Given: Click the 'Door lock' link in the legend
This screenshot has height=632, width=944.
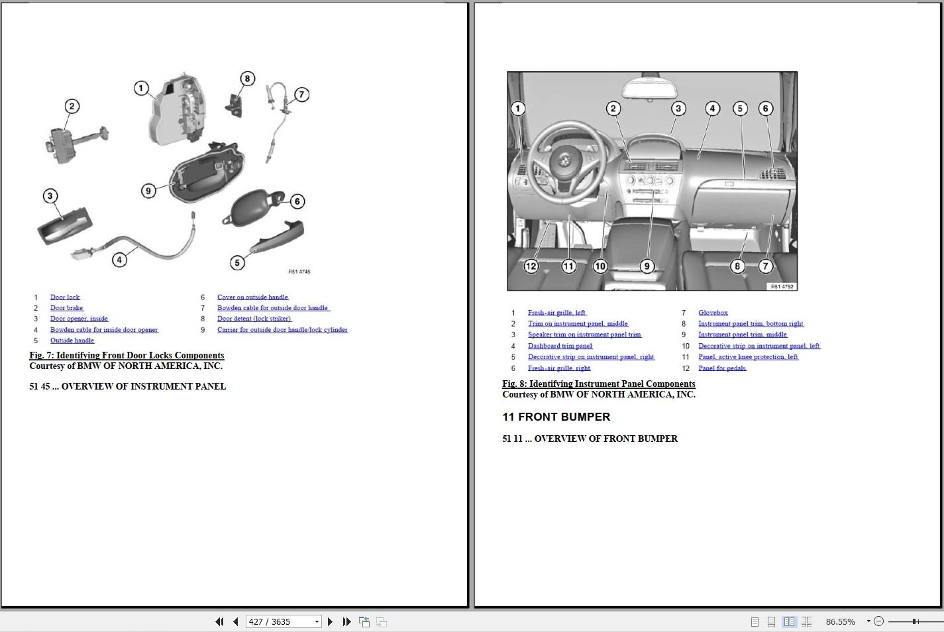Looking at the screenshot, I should pyautogui.click(x=65, y=297).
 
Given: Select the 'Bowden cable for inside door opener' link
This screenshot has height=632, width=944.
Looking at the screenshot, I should pyautogui.click(x=104, y=330).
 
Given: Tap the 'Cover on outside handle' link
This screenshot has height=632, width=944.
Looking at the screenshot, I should pyautogui.click(x=252, y=297).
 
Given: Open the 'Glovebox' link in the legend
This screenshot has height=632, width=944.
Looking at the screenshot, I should pyautogui.click(x=713, y=313).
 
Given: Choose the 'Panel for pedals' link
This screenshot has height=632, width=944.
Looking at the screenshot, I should pyautogui.click(x=722, y=368).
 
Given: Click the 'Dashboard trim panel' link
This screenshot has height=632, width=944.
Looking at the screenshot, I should pyautogui.click(x=560, y=346).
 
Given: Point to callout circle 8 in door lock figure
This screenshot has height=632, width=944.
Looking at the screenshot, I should pyautogui.click(x=247, y=79).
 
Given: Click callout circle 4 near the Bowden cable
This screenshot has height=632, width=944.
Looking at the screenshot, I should pyautogui.click(x=119, y=260).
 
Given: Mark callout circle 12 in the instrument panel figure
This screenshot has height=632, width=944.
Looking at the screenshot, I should pyautogui.click(x=531, y=266).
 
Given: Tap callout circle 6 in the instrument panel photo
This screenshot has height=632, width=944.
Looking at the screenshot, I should pyautogui.click(x=765, y=109).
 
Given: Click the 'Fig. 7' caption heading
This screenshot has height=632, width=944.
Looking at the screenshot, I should pyautogui.click(x=127, y=356).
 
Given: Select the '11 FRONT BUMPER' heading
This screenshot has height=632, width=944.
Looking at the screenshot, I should pyautogui.click(x=556, y=417).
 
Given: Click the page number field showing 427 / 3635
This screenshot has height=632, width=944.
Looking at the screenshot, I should pyautogui.click(x=278, y=621).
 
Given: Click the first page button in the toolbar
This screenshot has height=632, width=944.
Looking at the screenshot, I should pyautogui.click(x=219, y=621).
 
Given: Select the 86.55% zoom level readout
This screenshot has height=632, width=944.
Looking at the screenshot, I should pyautogui.click(x=840, y=621).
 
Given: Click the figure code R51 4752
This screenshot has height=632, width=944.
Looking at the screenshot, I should pyautogui.click(x=782, y=287).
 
